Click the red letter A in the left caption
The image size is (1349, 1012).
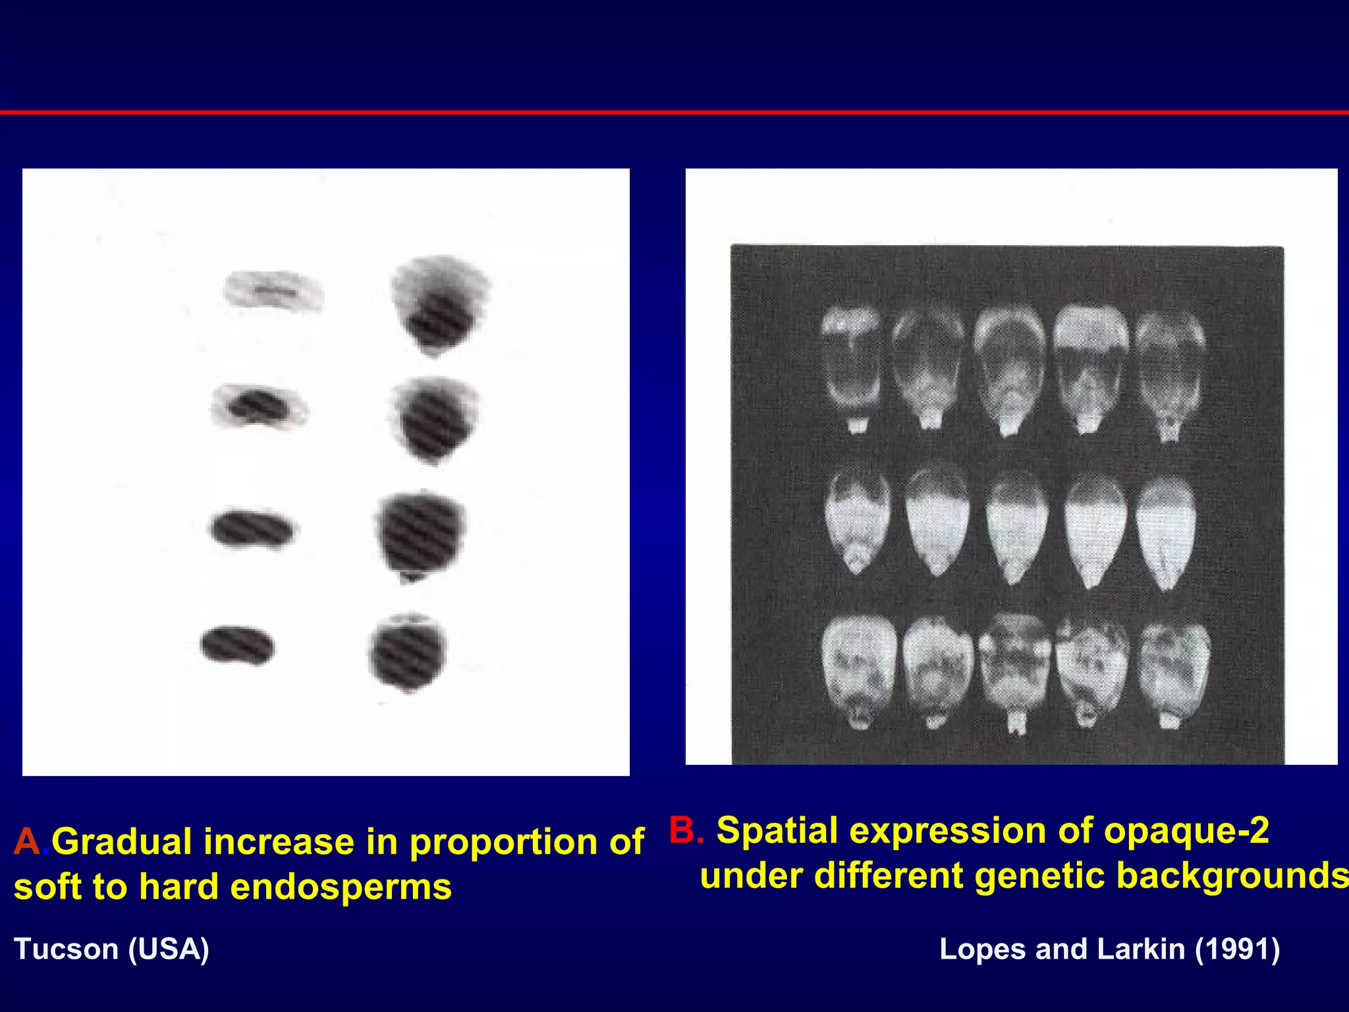27,841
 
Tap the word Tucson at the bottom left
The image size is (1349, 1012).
66,949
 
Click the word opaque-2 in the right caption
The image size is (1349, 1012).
1186,831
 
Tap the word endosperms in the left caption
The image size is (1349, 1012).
341,887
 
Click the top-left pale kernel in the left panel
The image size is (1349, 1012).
273,291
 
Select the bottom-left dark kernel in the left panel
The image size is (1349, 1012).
238,645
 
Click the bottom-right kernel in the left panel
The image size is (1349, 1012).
408,652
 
